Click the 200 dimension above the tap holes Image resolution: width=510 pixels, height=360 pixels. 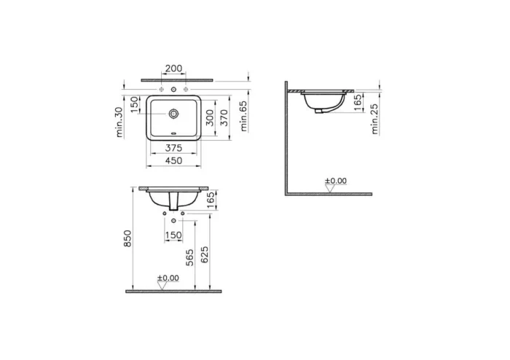click(173, 68)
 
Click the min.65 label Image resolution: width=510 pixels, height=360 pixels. click(243, 114)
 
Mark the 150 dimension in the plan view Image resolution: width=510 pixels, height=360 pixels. click(134, 106)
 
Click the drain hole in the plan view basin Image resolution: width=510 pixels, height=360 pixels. click(173, 114)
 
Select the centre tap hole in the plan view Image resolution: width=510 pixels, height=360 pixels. click(173, 88)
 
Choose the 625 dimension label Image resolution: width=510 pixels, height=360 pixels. click(205, 253)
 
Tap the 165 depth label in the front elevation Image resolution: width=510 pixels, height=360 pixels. click(211, 199)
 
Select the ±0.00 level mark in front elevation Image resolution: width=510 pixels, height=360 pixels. click(168, 278)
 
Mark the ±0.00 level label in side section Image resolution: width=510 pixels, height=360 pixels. click(336, 181)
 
